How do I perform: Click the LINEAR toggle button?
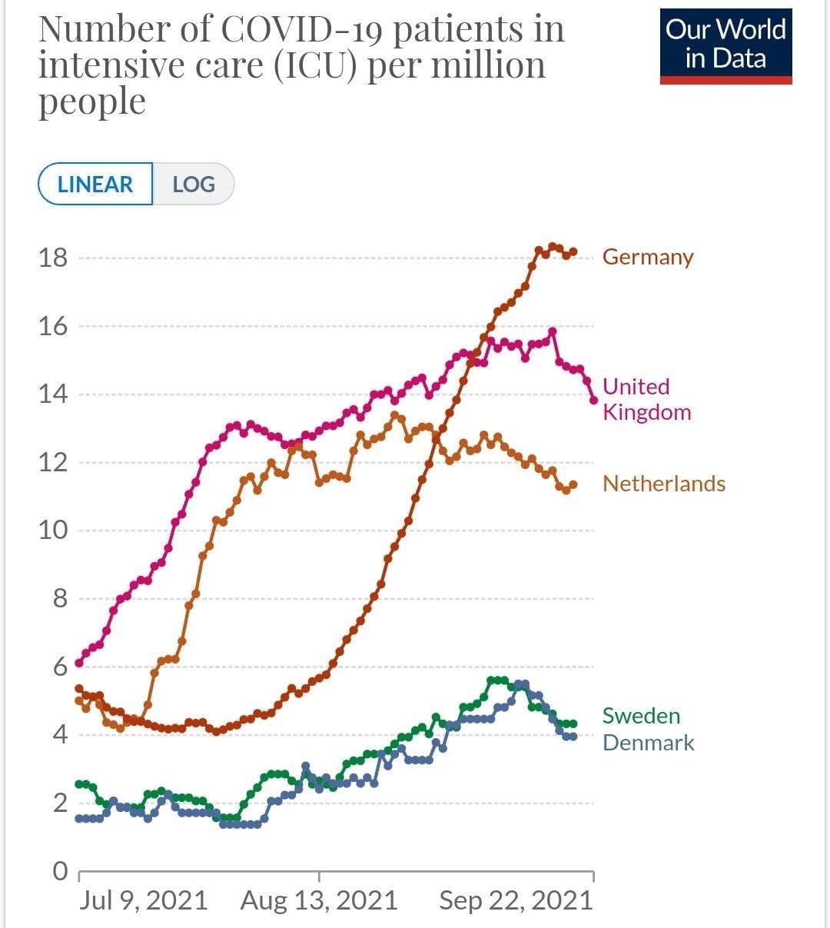pos(95,185)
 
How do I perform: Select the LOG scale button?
pos(194,185)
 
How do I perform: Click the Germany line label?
pos(648,257)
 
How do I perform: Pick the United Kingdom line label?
pos(646,399)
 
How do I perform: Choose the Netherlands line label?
pos(664,484)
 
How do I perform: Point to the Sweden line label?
pos(642,716)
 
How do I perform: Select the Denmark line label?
pos(649,743)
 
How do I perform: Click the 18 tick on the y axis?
pos(53,258)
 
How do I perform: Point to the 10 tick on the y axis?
pos(53,530)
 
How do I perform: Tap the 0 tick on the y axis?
pos(60,871)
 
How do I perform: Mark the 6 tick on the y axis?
pos(60,667)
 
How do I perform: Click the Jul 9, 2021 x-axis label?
pos(144,900)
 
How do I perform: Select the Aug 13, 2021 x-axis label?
pos(319,900)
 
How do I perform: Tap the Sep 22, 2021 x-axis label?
pos(516,900)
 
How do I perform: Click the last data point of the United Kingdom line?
pos(593,400)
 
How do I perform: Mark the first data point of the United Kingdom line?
pos(79,663)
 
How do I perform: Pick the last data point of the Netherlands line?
pos(573,484)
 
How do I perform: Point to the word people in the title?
pos(92,101)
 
